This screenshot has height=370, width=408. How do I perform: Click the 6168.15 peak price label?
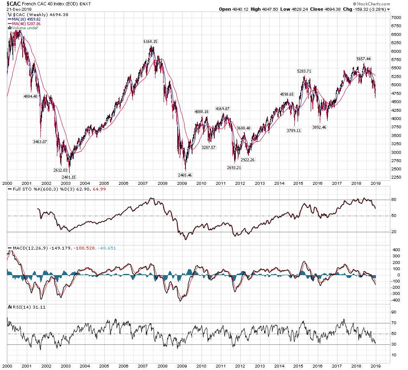tap(150, 42)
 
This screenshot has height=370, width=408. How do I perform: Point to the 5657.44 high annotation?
tap(363, 59)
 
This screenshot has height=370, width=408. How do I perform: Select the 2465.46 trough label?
tap(185, 175)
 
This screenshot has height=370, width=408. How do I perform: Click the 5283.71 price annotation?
tap(304, 71)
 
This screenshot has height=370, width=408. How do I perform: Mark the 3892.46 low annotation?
tap(319, 127)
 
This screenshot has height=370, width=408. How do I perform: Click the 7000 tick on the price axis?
tap(396, 18)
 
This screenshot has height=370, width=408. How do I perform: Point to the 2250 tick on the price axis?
tap(396, 178)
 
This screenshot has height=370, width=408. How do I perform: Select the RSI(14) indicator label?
tap(18, 307)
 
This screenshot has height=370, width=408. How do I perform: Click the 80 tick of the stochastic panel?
tap(394, 200)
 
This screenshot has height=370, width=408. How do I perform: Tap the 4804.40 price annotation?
tap(30, 96)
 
